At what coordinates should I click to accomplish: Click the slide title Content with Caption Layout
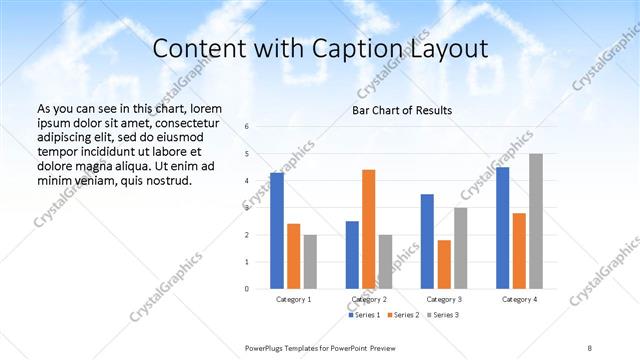click(320, 49)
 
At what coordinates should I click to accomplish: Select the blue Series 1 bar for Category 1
click(277, 230)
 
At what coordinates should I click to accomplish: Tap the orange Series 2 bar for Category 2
click(368, 229)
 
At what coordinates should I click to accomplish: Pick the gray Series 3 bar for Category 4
click(536, 221)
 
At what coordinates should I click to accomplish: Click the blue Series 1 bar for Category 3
click(427, 241)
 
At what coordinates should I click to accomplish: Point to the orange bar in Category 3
click(444, 264)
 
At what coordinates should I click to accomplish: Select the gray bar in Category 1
click(310, 261)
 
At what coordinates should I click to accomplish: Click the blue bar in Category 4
click(502, 227)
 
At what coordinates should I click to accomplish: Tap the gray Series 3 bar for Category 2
click(385, 261)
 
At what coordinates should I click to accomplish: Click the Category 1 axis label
click(293, 299)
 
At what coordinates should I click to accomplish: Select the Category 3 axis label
click(444, 299)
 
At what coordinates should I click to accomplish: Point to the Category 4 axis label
click(519, 299)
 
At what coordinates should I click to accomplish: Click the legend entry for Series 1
click(364, 315)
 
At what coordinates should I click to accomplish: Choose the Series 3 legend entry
click(443, 315)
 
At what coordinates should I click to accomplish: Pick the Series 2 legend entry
click(404, 315)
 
